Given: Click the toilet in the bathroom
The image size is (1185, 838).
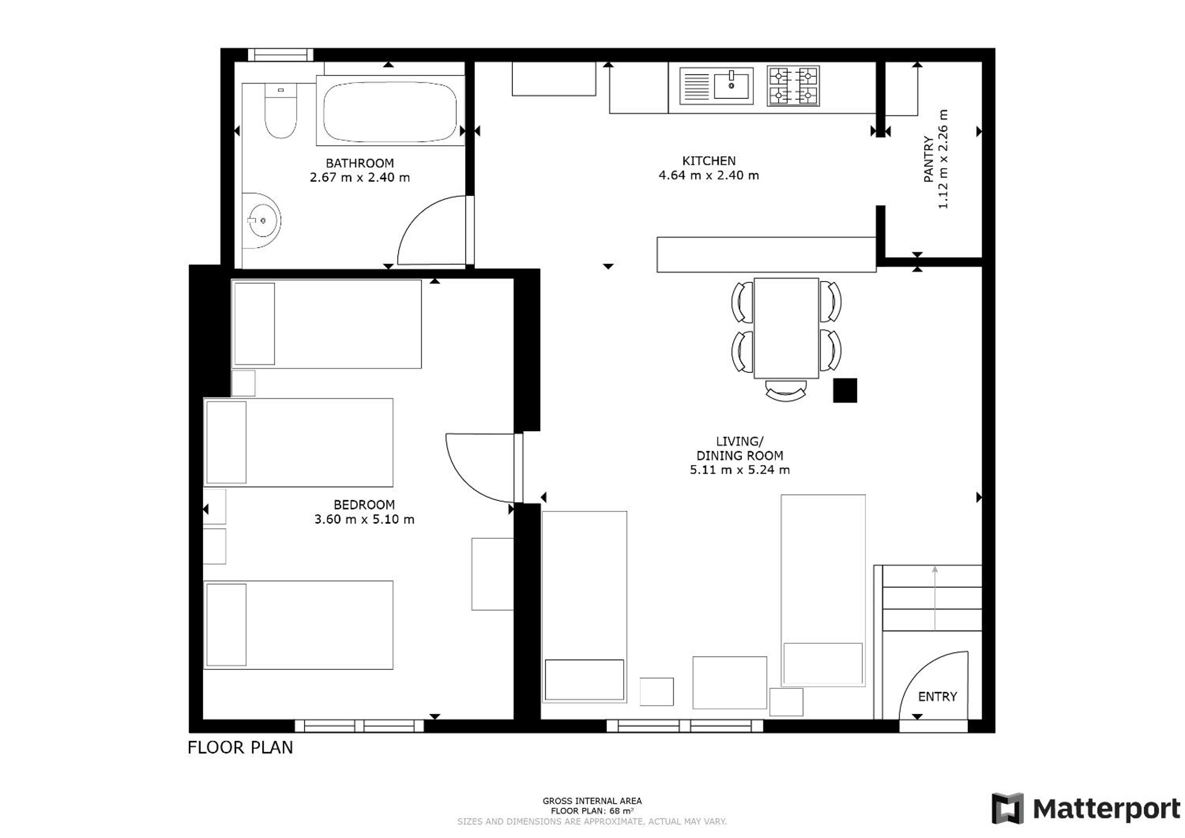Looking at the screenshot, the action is click(281, 111).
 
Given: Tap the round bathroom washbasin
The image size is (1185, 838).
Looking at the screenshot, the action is click(262, 221).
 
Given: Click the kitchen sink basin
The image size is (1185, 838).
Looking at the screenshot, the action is click(731, 85).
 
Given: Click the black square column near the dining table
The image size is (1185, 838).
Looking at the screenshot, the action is click(845, 391).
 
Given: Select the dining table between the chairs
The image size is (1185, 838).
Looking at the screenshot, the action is click(786, 328).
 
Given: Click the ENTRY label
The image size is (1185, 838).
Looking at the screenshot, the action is click(937, 696).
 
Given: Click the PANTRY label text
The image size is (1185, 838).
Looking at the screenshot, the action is click(929, 159).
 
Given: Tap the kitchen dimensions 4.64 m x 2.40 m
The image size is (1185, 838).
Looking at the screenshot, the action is click(708, 175).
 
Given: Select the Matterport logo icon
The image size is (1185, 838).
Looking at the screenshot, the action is click(1007, 809).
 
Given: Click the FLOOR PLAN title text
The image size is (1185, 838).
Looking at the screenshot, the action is click(240, 748).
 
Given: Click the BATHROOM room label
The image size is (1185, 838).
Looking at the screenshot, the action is click(360, 164).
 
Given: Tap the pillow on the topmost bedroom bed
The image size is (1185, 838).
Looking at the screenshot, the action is click(254, 324).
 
